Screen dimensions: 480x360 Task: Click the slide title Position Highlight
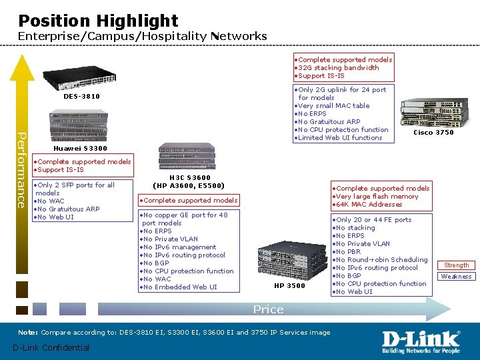(x=98, y=21)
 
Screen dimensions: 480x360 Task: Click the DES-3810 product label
(x=81, y=97)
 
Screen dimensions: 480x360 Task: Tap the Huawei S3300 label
(x=80, y=148)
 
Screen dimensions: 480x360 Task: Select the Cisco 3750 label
(x=433, y=133)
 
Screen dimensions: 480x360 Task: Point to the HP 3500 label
(x=289, y=286)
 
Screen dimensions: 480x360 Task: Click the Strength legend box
(x=457, y=265)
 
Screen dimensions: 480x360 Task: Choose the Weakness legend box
(x=457, y=276)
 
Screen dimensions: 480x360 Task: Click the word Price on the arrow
(x=268, y=309)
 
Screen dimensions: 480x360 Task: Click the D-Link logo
(x=421, y=342)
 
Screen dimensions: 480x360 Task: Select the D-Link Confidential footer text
(x=51, y=347)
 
